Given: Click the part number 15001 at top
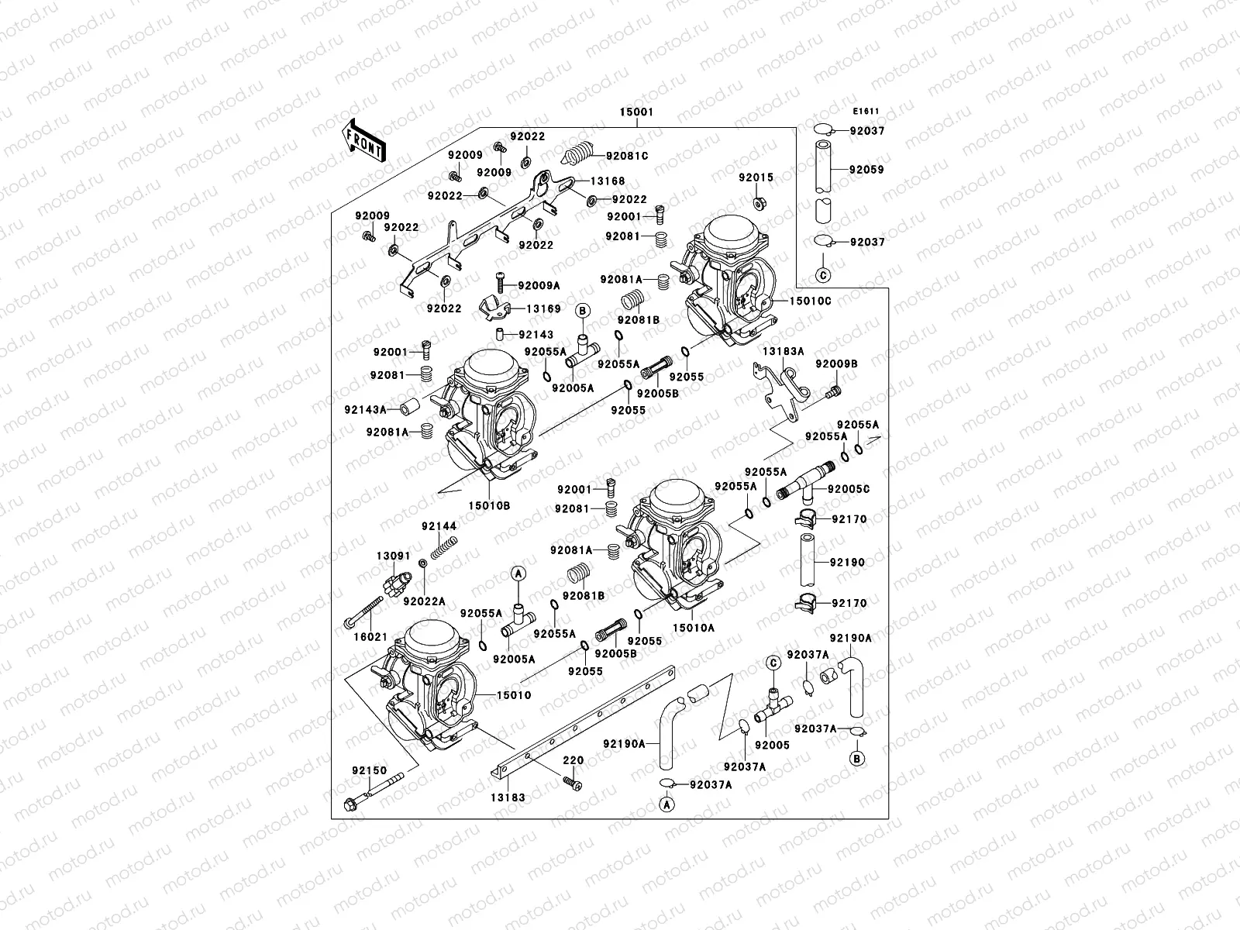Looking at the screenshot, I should [635, 112].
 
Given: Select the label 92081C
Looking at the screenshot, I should [627, 156].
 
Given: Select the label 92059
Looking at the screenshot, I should [866, 169].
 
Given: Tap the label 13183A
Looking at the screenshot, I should [783, 351].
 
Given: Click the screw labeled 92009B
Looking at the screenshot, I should [832, 392].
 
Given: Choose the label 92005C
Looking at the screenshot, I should [849, 489].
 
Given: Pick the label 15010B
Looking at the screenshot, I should [489, 505].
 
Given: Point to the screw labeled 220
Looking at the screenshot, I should [574, 784].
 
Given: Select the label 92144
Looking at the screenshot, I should [439, 526].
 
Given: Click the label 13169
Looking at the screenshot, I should [543, 308].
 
